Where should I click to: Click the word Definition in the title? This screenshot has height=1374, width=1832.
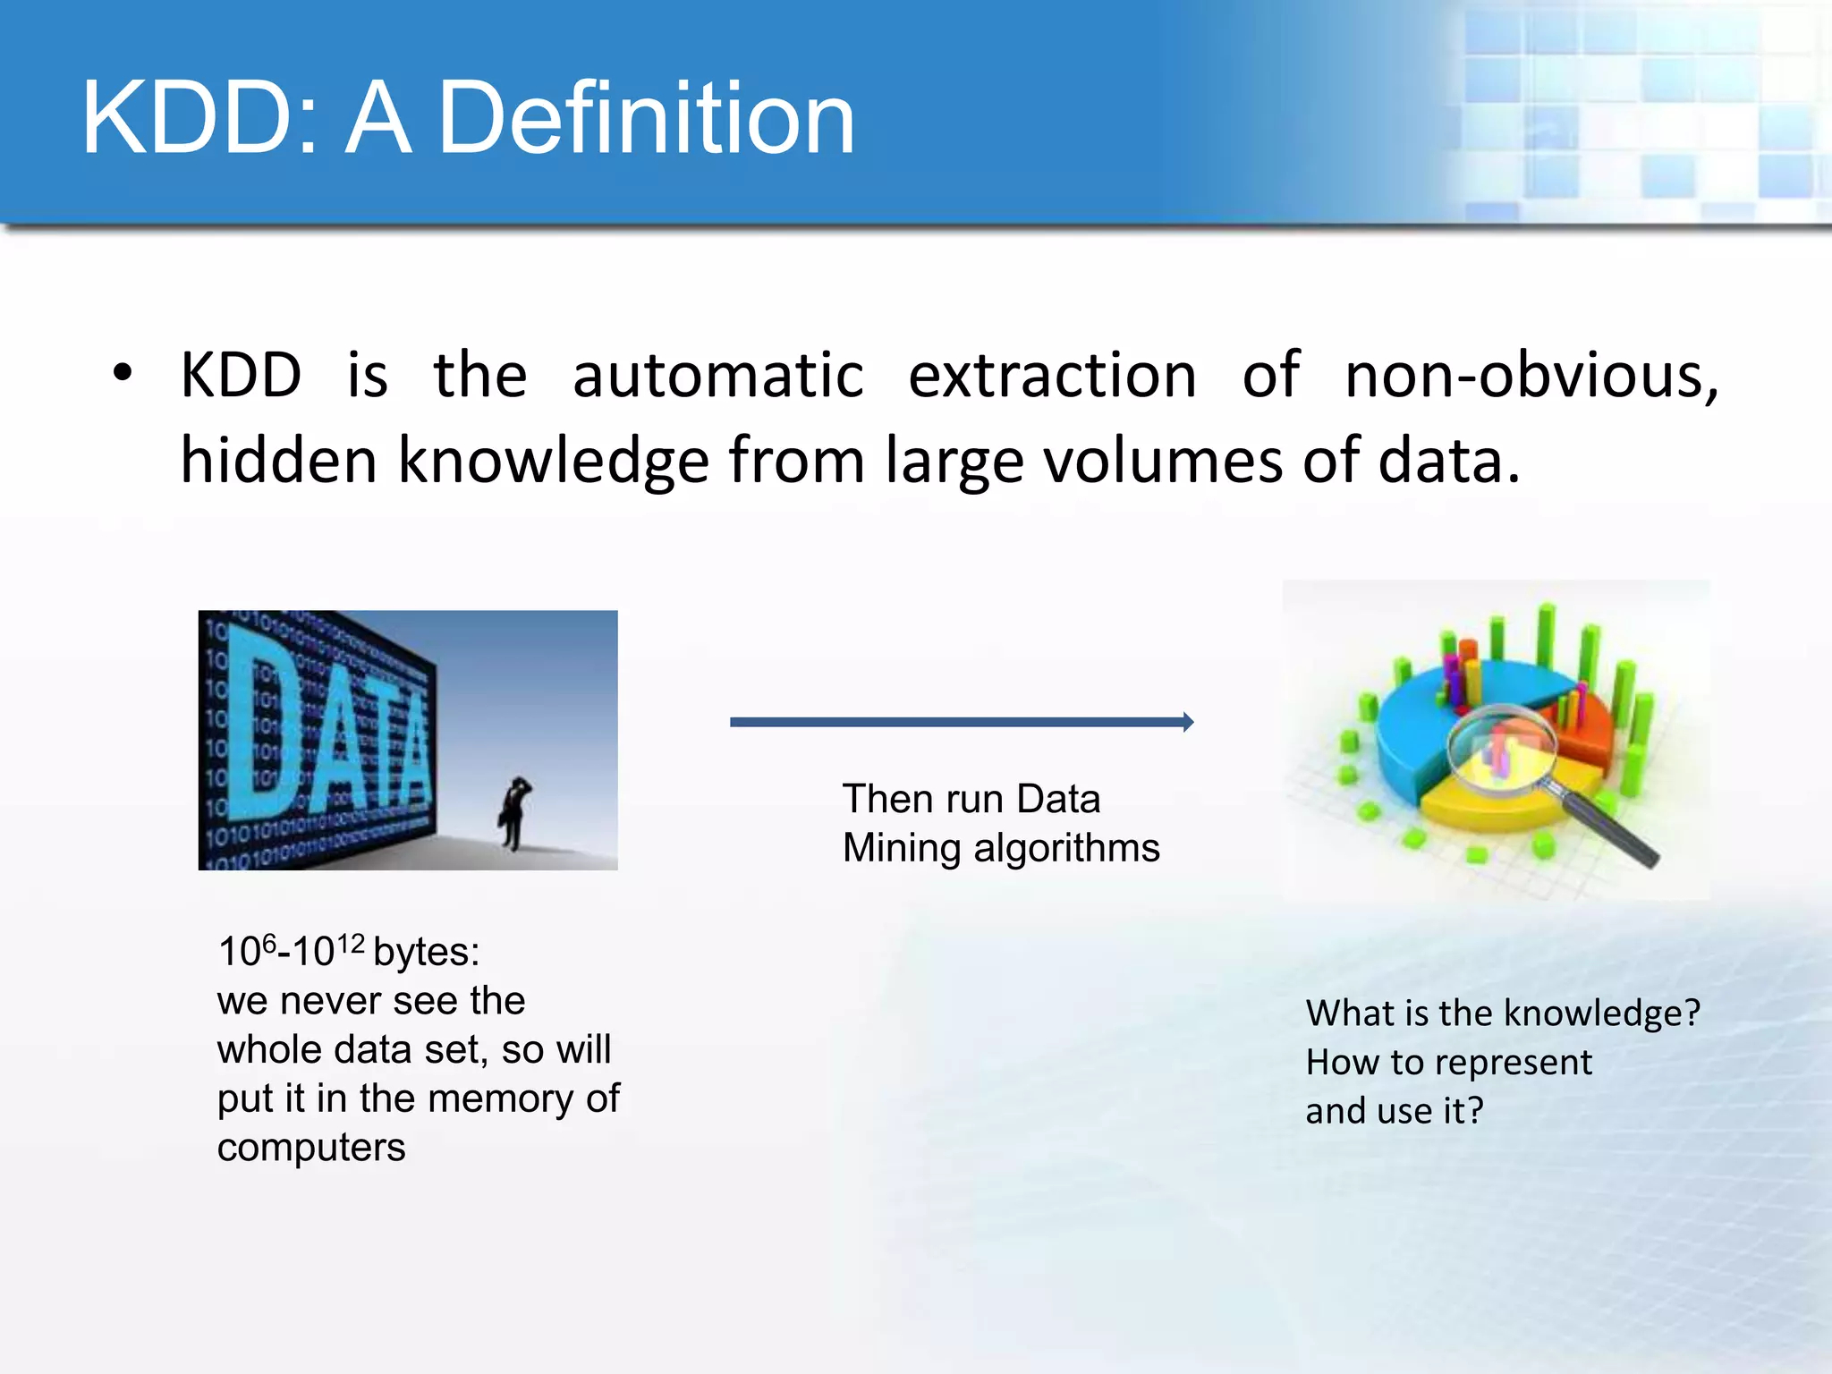click(646, 118)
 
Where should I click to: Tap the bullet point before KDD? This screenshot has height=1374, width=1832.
click(123, 374)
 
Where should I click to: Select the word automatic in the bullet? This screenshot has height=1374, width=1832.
click(717, 376)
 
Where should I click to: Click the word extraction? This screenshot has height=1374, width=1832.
click(1052, 376)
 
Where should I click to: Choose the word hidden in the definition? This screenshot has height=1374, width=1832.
click(278, 460)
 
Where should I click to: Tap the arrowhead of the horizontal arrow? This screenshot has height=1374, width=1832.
click(1187, 722)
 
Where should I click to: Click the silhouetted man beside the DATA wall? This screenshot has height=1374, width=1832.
click(514, 812)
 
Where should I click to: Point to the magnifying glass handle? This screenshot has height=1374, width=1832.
click(1610, 827)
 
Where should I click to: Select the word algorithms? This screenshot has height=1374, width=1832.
click(1066, 848)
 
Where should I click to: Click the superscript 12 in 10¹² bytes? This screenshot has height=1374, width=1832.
click(351, 944)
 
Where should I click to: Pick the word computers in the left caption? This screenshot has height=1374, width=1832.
click(311, 1148)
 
